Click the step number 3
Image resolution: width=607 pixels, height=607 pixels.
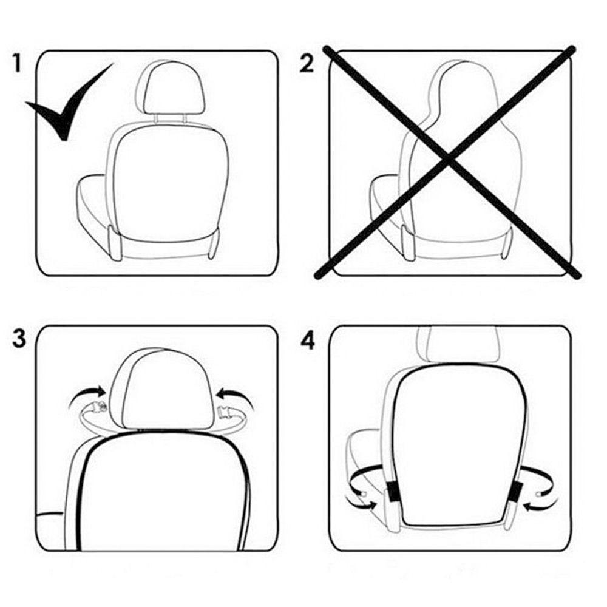pyautogui.click(x=19, y=339)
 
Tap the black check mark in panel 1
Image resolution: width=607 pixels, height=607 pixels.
pyautogui.click(x=64, y=109)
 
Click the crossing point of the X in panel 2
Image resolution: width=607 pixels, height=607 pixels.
pyautogui.click(x=447, y=160)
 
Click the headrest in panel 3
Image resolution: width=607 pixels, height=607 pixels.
pyautogui.click(x=160, y=388)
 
